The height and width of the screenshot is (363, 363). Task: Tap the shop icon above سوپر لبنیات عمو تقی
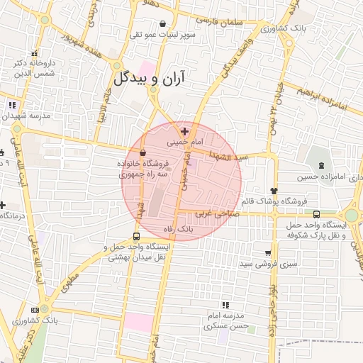click(x=164, y=23)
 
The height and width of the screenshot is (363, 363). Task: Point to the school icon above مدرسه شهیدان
click(x=11, y=105)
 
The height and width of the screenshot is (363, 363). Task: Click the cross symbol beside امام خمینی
click(x=185, y=131)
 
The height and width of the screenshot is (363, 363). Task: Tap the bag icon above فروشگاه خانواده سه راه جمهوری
click(x=143, y=152)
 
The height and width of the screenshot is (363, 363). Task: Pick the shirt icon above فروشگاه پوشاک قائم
click(x=274, y=191)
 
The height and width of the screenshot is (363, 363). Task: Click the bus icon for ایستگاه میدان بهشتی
click(x=136, y=237)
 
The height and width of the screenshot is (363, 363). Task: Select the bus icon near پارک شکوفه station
click(x=316, y=214)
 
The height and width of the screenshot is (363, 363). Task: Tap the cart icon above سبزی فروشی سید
click(x=268, y=252)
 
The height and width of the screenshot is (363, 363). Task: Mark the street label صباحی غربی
click(x=213, y=213)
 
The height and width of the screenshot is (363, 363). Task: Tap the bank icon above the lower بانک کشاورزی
click(x=44, y=308)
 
